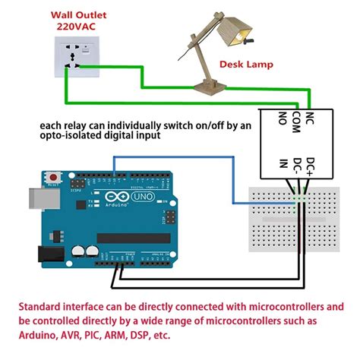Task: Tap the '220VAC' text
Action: (77, 26)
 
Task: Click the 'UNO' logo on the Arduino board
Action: (141, 197)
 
